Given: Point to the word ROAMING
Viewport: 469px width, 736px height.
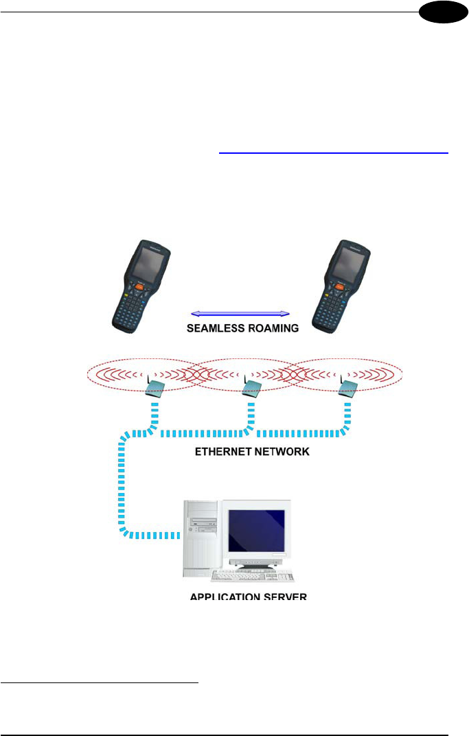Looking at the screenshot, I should click(x=271, y=329).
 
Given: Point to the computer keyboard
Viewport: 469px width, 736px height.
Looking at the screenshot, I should click(x=253, y=576).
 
